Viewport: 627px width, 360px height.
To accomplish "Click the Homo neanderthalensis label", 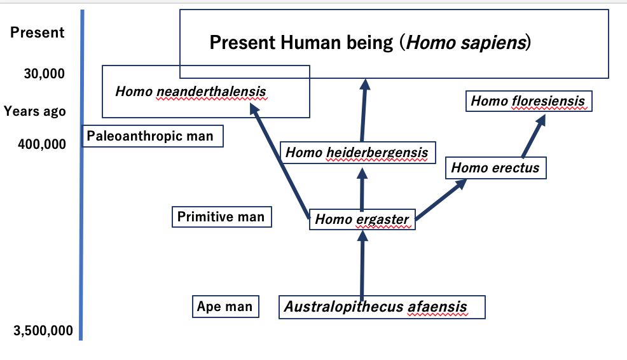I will pos(190,92).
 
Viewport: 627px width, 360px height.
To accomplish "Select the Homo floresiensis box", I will pos(528,101).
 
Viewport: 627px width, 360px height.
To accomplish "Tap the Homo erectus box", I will pos(495,168).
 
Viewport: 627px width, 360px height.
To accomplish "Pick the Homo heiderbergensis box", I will pos(357,153).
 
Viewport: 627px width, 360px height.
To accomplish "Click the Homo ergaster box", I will pos(362,220).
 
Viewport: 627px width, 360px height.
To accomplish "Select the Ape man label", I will pos(224,307).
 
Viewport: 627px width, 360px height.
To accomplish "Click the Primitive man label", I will pos(221,217).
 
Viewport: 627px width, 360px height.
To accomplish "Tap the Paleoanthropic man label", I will pos(150,136).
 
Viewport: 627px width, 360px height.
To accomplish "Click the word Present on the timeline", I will pos(38,32).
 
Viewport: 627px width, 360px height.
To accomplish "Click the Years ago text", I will pos(35,111).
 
